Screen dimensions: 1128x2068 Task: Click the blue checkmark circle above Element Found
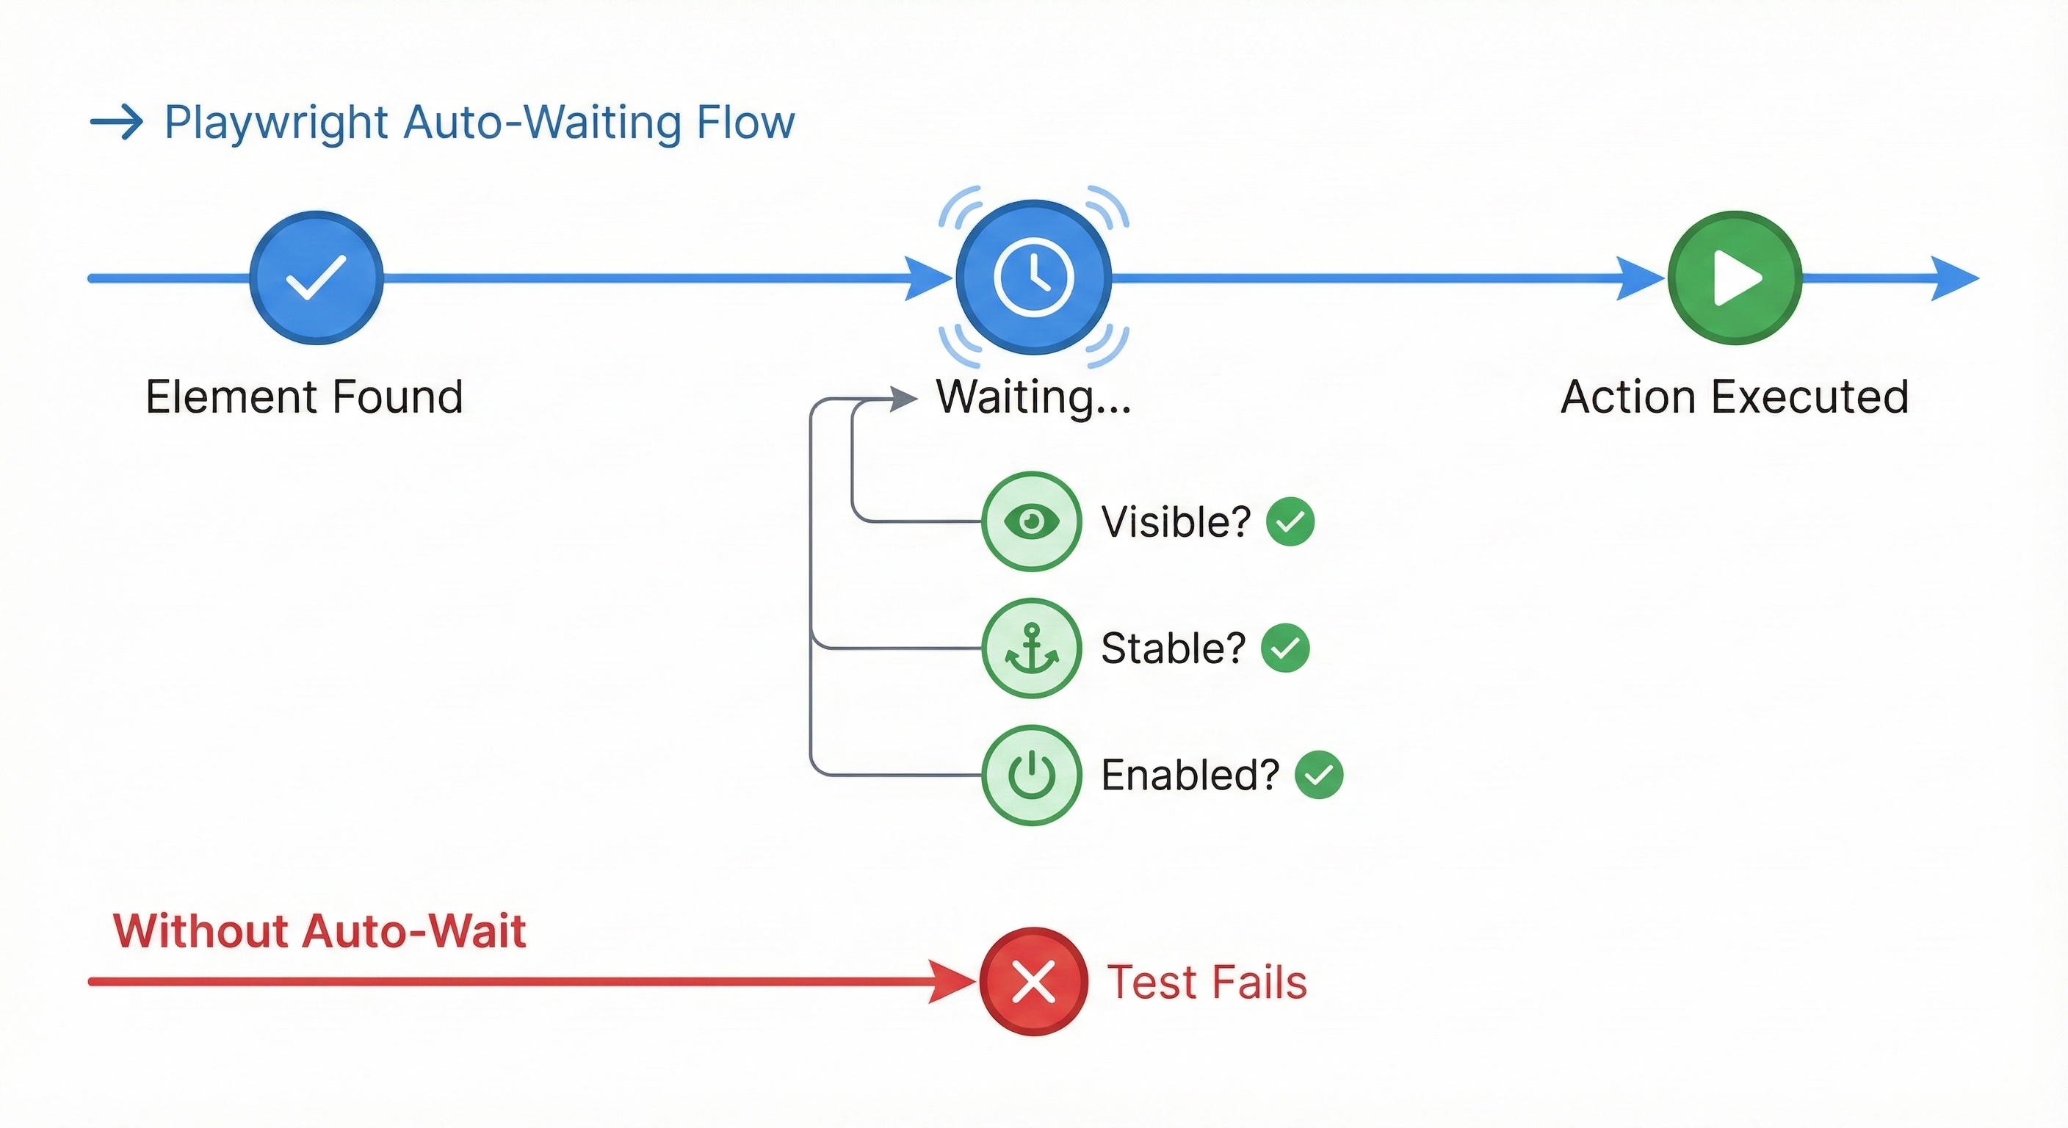click(316, 278)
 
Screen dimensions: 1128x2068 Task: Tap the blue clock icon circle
click(1033, 277)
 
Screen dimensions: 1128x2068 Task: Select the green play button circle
click(1735, 278)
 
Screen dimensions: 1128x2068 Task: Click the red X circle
click(1033, 981)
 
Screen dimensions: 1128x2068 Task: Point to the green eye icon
click(1032, 521)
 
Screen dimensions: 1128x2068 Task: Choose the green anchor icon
click(1032, 648)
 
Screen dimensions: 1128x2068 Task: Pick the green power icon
click(1032, 775)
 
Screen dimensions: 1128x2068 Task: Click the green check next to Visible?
click(1290, 522)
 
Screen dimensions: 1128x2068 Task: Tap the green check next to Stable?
click(1284, 648)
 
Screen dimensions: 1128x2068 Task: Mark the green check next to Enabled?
click(1319, 775)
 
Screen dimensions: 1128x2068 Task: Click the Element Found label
click(304, 397)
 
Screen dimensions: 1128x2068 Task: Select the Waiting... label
click(1033, 397)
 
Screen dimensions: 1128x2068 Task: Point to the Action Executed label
click(1734, 397)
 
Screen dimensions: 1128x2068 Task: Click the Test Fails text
click(1207, 982)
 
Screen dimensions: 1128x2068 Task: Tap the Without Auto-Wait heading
click(319, 931)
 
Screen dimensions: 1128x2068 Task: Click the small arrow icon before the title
click(117, 122)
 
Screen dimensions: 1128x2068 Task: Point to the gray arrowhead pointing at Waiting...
click(904, 398)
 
